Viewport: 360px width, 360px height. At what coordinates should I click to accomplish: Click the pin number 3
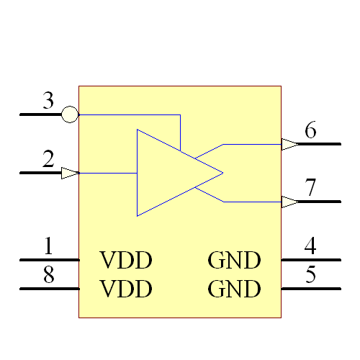tap(48, 102)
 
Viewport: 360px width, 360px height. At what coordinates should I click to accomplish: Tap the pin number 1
tap(48, 247)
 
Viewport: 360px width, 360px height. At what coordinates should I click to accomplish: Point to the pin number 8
tap(48, 276)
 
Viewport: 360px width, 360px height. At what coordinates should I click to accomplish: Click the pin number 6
tap(310, 131)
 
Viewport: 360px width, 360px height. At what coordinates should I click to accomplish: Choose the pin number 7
tap(310, 189)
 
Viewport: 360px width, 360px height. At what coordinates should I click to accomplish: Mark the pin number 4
tap(310, 247)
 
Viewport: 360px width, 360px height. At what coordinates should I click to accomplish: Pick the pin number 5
tap(310, 276)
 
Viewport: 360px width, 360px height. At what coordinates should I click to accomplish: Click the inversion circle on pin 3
tap(70, 114)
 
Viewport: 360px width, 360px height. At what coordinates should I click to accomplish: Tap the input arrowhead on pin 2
tap(70, 173)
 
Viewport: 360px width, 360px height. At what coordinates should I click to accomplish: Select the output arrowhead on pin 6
tap(289, 144)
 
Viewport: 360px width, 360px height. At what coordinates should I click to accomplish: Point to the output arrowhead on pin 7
tap(289, 202)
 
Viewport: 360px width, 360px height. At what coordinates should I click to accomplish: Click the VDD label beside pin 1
tap(126, 260)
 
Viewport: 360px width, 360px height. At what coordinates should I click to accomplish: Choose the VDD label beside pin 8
tap(126, 289)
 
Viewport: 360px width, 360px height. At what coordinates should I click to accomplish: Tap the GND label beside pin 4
tap(234, 260)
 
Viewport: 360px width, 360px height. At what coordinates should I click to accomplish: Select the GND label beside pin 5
tap(234, 289)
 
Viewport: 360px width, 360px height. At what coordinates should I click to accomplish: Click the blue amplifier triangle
tap(169, 173)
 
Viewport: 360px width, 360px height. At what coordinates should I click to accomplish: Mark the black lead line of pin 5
tap(310, 289)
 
